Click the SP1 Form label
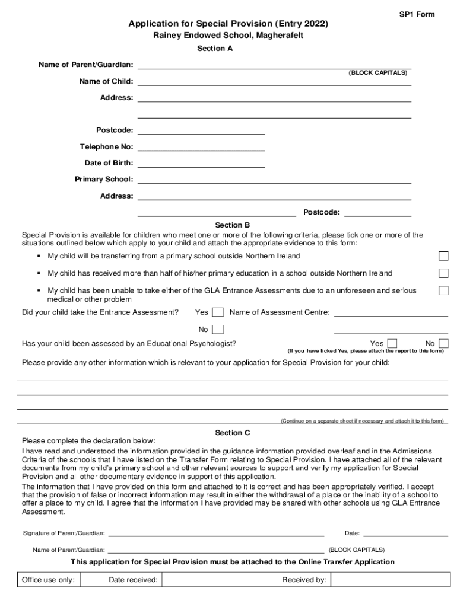click(417, 14)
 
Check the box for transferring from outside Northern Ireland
click(443, 256)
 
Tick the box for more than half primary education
click(443, 273)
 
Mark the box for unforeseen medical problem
click(443, 290)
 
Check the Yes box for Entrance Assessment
click(218, 312)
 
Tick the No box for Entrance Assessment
click(218, 330)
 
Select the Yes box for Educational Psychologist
click(392, 344)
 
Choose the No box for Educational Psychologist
click(443, 344)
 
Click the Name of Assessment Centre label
click(280, 312)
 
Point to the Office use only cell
click(48, 580)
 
